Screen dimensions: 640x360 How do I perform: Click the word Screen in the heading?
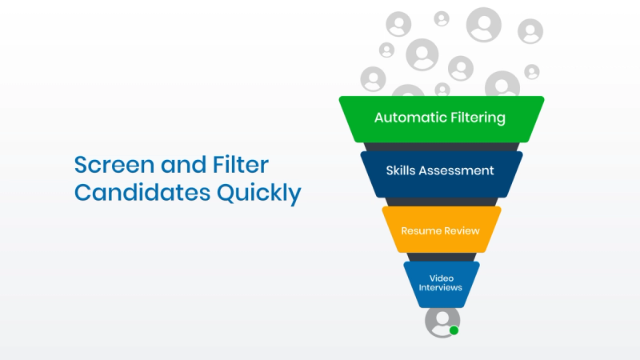[x=114, y=165]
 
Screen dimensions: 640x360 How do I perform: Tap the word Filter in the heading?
[x=241, y=165]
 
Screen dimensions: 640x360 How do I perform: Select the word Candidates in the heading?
[x=142, y=192]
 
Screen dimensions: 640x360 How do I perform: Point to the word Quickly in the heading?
[x=258, y=193]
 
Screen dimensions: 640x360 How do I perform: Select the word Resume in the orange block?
[x=419, y=231]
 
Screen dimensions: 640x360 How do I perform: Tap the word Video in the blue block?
[x=442, y=278]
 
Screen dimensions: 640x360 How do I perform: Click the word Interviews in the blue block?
[x=441, y=287]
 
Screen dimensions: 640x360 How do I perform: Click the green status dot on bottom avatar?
[x=454, y=330]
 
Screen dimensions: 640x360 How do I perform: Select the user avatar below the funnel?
[x=442, y=322]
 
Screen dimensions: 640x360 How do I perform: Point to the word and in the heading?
[x=184, y=165]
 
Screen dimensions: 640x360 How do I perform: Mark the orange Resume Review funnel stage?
[x=442, y=230]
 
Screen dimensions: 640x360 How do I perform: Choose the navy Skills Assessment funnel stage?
[x=442, y=174]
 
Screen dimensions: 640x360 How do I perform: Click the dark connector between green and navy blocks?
[x=442, y=147]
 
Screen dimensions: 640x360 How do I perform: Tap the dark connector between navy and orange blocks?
[x=442, y=202]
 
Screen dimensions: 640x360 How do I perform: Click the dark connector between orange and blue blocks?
[x=442, y=257]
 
